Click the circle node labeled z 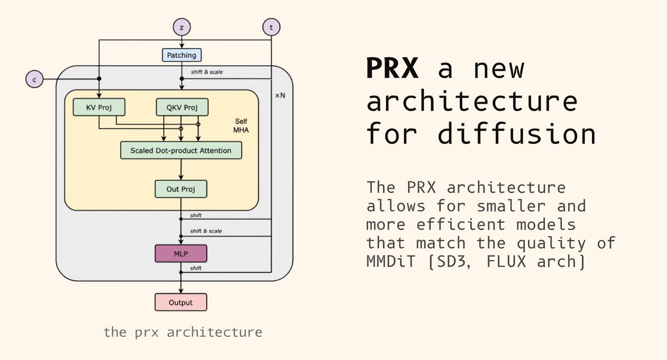181,27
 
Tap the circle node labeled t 271,27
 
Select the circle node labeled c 34,79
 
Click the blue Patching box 181,55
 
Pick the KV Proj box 99,107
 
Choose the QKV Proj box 181,107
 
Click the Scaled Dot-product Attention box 181,150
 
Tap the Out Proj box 181,189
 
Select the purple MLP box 181,253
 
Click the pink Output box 181,302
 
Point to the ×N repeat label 280,96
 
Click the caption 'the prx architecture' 183,332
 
